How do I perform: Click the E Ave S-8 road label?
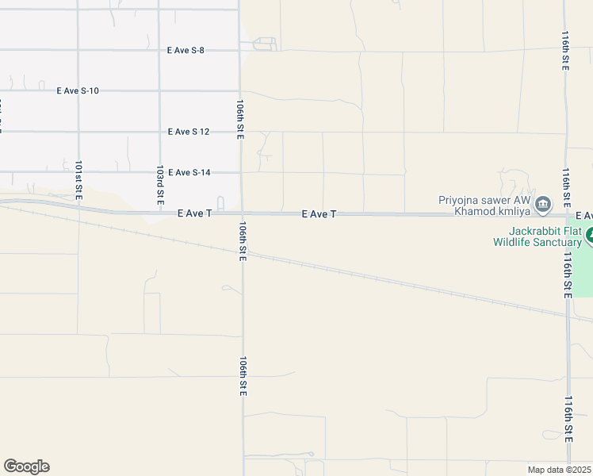click(x=186, y=50)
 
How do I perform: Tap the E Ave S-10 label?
click(x=78, y=90)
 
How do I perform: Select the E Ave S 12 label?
click(x=189, y=132)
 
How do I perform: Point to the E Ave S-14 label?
click(x=189, y=172)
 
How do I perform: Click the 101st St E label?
click(x=78, y=180)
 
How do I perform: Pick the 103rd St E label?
click(x=160, y=182)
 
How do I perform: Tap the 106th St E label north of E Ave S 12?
click(x=240, y=119)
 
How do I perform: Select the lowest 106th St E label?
click(x=244, y=375)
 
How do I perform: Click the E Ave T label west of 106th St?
click(x=194, y=214)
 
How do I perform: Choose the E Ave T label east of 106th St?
click(x=319, y=214)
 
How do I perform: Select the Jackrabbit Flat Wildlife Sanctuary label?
click(x=537, y=236)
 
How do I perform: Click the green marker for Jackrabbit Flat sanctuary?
click(x=588, y=236)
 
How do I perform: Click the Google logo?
click(x=26, y=466)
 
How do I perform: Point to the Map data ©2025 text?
click(x=559, y=470)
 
